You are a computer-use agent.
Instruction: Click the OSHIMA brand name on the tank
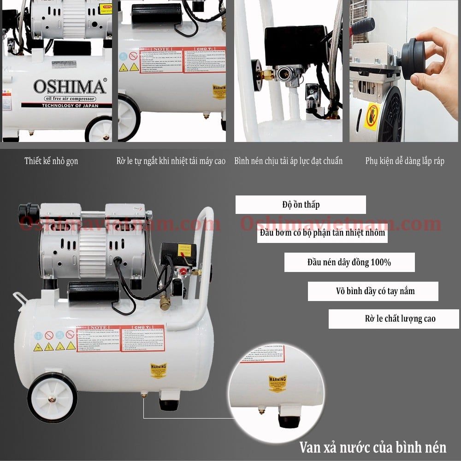(x=69, y=87)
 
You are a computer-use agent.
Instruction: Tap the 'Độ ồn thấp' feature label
(x=301, y=205)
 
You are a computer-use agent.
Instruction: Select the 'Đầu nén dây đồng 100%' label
(x=349, y=262)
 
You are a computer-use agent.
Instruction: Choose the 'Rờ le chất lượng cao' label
(x=393, y=319)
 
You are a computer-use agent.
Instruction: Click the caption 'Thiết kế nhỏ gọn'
(x=51, y=161)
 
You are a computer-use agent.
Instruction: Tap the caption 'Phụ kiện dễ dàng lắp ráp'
(x=405, y=161)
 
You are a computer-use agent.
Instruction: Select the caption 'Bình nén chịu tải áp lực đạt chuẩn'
(x=288, y=161)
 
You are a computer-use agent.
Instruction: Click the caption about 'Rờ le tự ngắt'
(x=171, y=161)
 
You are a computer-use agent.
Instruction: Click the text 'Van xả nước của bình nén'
(x=372, y=447)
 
